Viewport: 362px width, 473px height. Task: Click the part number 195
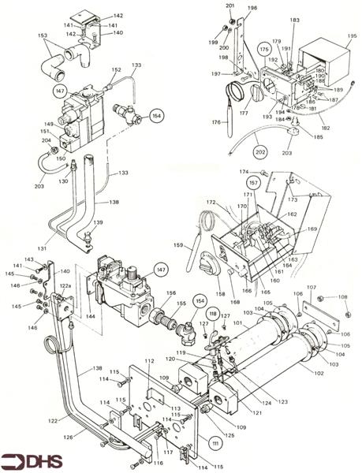pyautogui.click(x=352, y=36)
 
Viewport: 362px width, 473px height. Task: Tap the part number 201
pyautogui.click(x=230, y=6)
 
